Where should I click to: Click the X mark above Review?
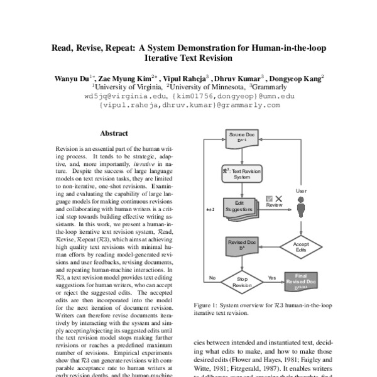(279, 199)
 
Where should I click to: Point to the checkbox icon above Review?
(269, 199)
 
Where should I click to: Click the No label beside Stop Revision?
(212, 276)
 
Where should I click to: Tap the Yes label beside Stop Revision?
(271, 276)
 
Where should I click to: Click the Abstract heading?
(114, 133)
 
